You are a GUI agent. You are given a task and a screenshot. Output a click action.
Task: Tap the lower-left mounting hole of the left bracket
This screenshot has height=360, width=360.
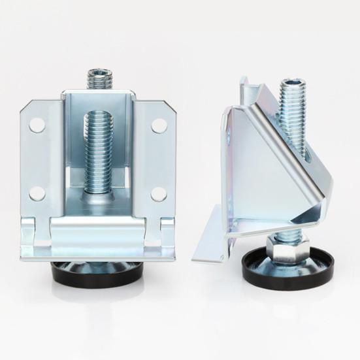click(x=38, y=193)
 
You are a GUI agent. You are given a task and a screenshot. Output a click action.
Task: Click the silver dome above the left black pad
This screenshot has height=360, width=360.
click(x=98, y=264)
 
